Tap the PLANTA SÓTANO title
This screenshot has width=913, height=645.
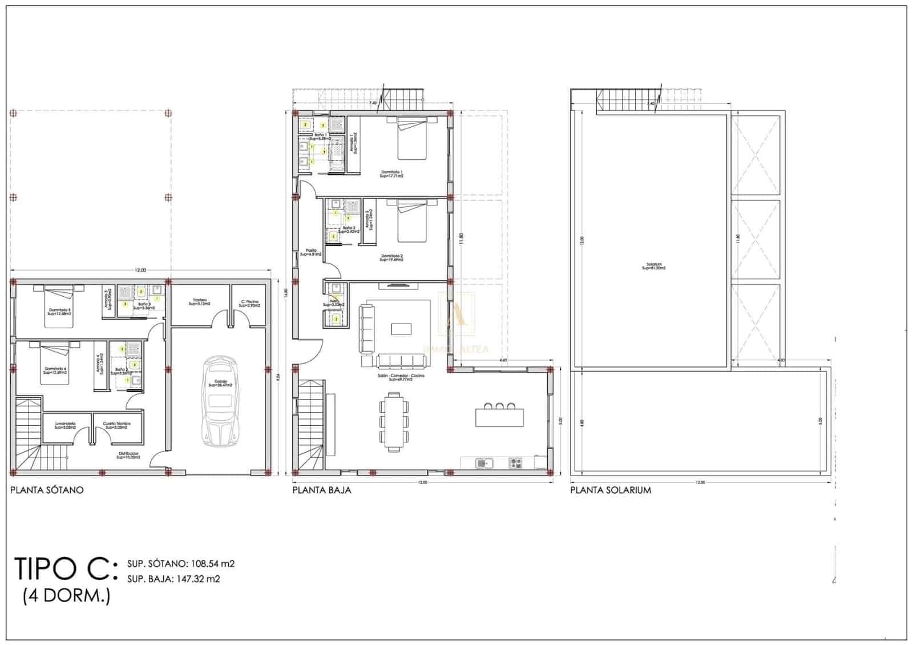pyautogui.click(x=47, y=490)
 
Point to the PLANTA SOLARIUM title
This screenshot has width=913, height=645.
pyautogui.click(x=611, y=490)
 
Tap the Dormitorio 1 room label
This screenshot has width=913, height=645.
pyautogui.click(x=391, y=174)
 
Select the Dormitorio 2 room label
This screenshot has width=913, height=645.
pyautogui.click(x=391, y=257)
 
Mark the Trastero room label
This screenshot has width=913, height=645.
pyautogui.click(x=200, y=302)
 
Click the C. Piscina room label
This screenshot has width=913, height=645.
pyautogui.click(x=249, y=303)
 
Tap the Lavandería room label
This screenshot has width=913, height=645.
pyautogui.click(x=66, y=425)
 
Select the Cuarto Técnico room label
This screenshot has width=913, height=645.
pyautogui.click(x=117, y=425)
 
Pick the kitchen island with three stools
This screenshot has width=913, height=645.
pyautogui.click(x=499, y=416)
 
